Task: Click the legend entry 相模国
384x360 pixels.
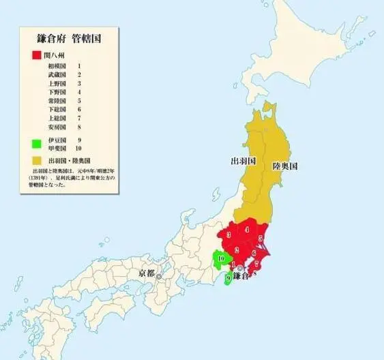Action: point(57,65)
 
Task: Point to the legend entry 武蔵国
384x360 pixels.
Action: point(57,74)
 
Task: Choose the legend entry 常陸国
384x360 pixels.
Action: point(57,101)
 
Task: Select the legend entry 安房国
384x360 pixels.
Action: point(57,127)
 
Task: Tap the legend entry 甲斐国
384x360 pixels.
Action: point(57,148)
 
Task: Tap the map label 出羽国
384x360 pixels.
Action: point(242,162)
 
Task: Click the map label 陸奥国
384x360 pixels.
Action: point(285,166)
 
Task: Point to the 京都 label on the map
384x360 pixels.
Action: point(147,273)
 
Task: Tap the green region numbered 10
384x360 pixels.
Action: point(221,258)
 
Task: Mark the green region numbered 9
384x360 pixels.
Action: point(228,277)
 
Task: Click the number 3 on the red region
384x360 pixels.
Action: point(228,235)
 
